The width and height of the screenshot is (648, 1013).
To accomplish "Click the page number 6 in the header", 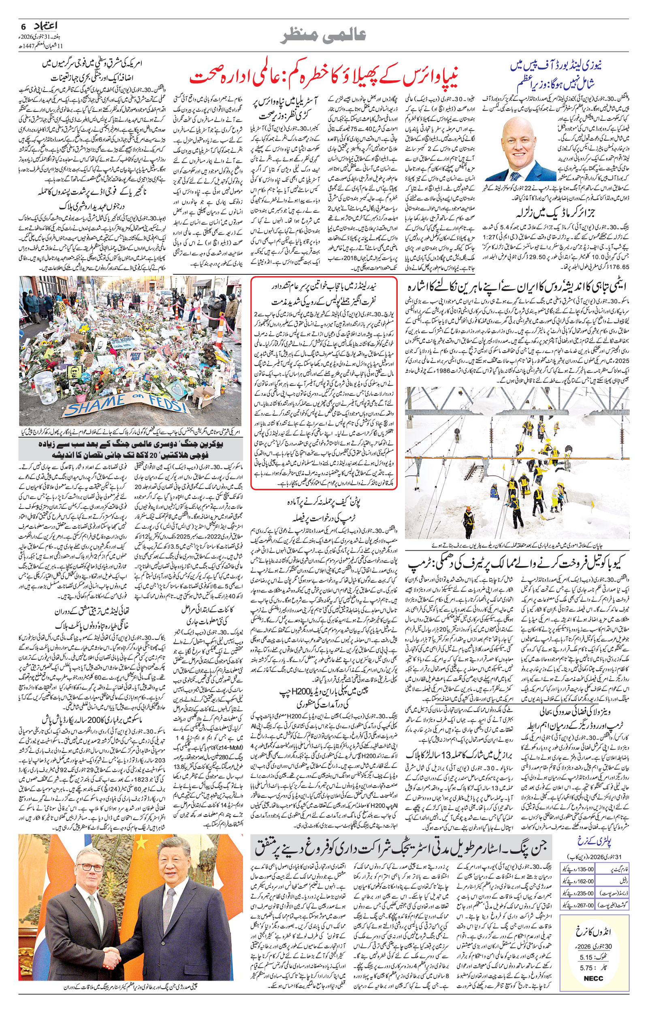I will point(23,26).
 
